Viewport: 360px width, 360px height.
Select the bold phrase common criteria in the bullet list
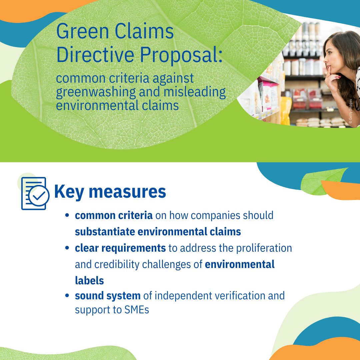pos(114,215)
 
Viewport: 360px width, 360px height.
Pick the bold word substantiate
pos(107,232)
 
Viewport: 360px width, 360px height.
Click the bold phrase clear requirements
pos(120,248)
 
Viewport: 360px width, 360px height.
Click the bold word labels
pos(89,281)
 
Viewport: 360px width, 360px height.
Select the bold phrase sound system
pos(108,296)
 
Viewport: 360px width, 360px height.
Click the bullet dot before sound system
pos(68,296)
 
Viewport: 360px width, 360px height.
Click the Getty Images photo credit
pos(350,111)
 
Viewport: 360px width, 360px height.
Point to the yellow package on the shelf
pos(286,110)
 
